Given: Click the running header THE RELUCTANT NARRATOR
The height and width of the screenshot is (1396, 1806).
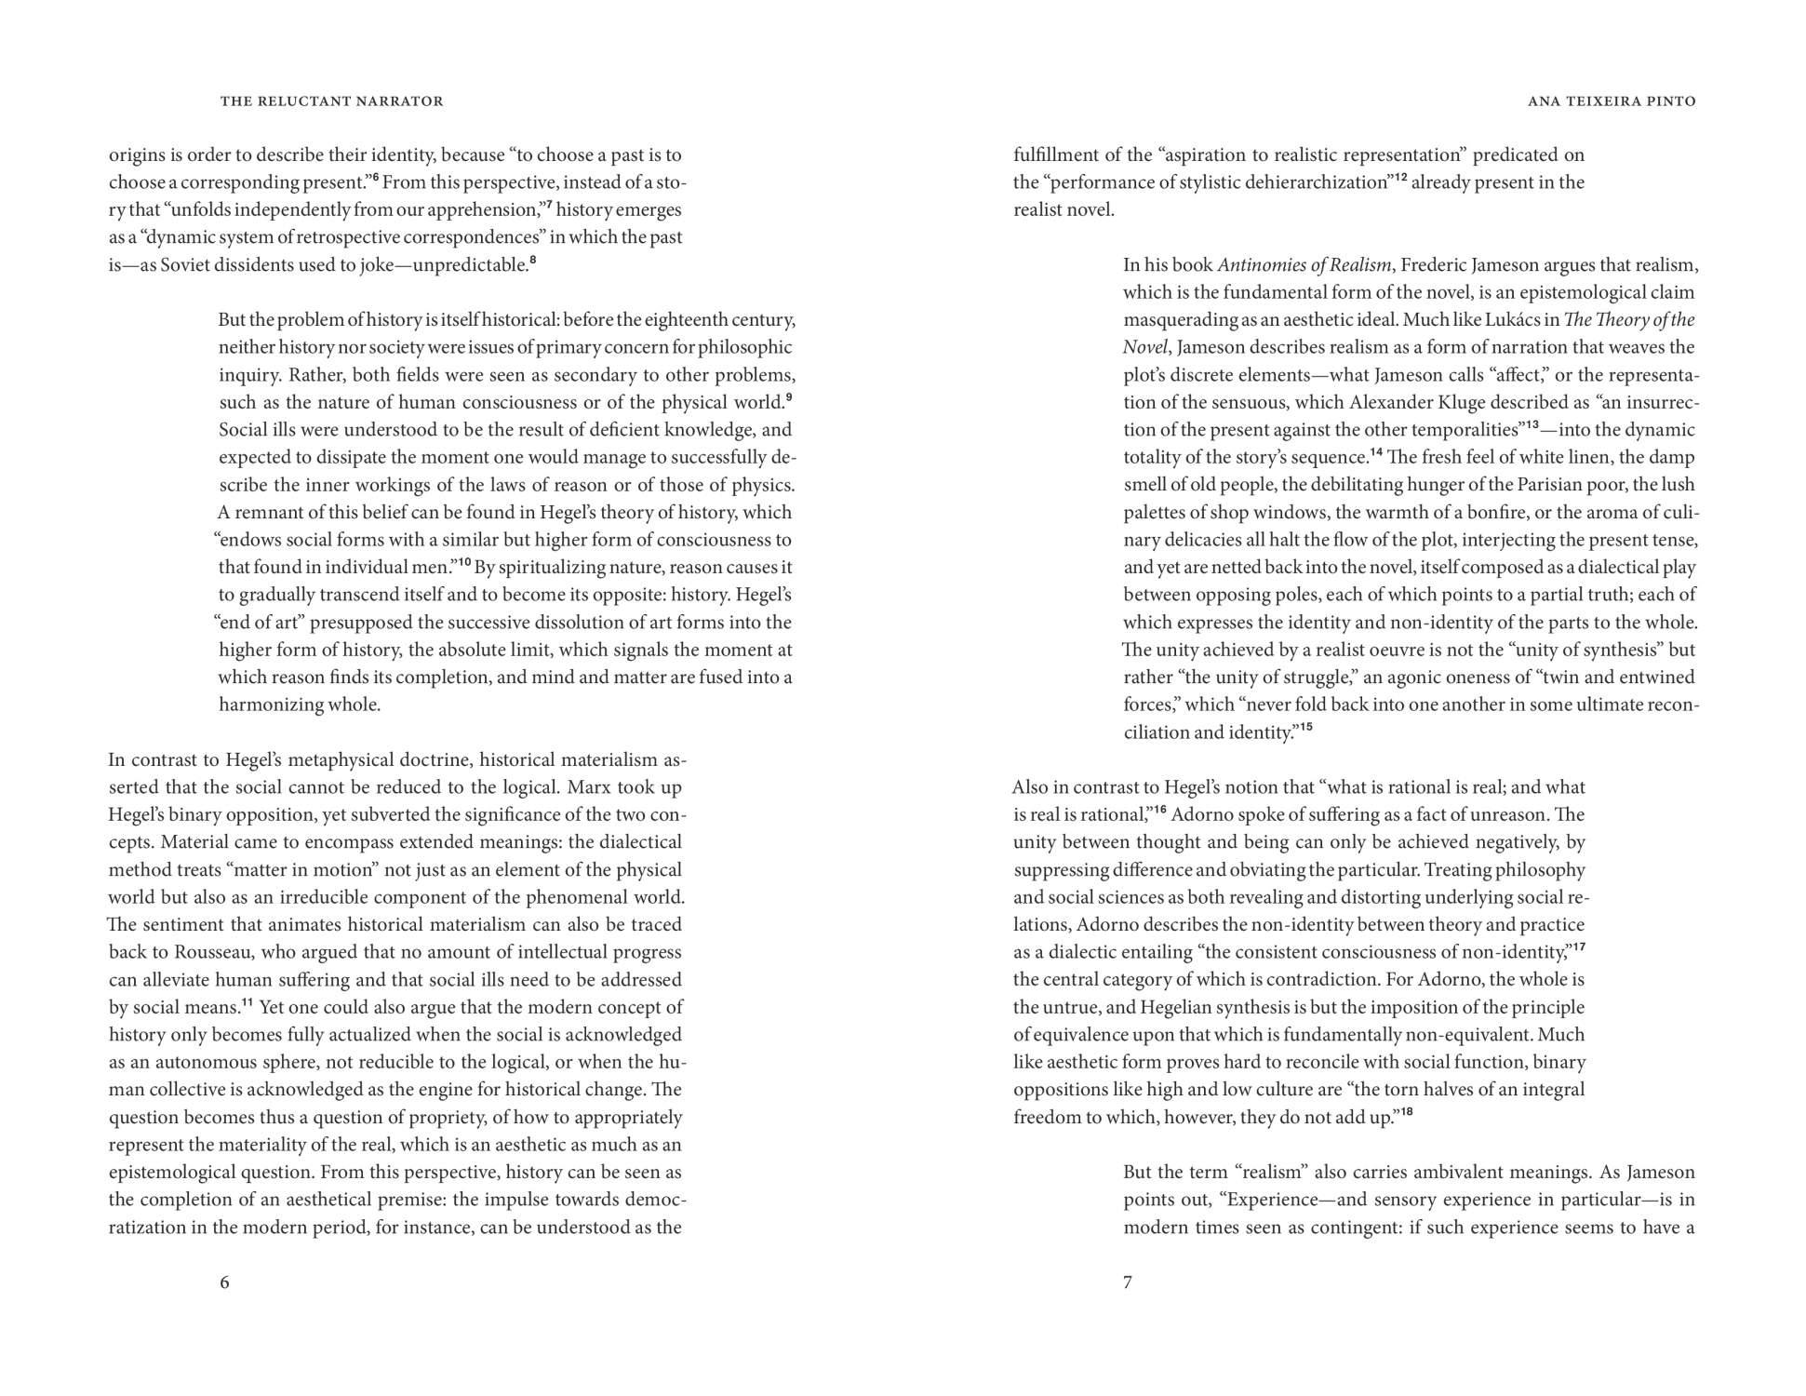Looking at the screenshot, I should click(331, 101).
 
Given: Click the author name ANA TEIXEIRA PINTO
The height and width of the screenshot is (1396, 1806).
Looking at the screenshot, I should click(1612, 101).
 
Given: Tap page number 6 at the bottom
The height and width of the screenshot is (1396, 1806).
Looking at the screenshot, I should click(224, 1282).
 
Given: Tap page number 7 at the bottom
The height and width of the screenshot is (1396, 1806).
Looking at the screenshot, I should click(1128, 1282).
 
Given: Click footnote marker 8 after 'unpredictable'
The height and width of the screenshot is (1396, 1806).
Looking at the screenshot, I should click(532, 260).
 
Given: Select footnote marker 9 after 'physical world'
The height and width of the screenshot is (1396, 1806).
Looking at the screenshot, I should click(789, 397).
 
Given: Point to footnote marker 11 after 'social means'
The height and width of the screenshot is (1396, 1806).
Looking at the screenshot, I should click(247, 1002).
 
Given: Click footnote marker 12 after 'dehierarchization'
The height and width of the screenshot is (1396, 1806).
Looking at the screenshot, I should click(1400, 177).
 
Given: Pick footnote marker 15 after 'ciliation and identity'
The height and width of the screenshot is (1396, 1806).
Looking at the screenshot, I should click(1306, 727).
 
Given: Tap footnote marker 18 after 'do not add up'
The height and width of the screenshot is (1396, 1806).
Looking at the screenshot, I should click(1407, 1111).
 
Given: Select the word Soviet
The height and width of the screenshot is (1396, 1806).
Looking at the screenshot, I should click(185, 265).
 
